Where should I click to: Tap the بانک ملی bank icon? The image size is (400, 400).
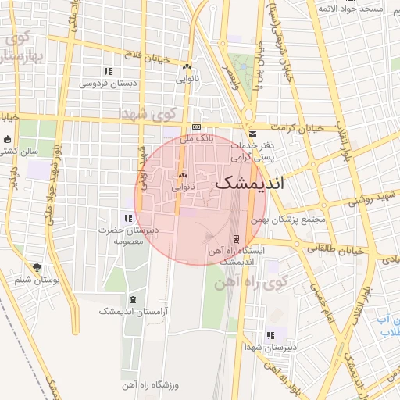click(x=195, y=127)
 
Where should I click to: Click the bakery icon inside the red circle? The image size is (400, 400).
click(x=183, y=176)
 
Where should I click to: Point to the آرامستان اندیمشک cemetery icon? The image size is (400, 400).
click(x=131, y=299)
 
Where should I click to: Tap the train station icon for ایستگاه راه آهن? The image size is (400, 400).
click(x=236, y=239)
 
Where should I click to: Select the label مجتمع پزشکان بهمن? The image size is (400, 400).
click(x=295, y=220)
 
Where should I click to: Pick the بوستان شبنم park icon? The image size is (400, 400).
click(x=37, y=267)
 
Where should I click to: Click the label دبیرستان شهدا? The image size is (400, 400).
click(x=270, y=346)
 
